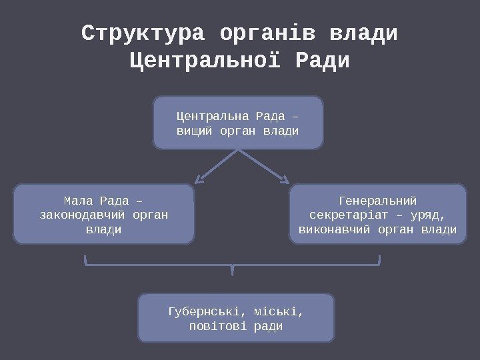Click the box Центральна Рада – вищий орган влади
point(238,123)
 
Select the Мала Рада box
point(104,214)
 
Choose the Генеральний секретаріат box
point(378,214)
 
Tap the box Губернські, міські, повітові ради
point(236,318)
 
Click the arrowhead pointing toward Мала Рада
point(199,179)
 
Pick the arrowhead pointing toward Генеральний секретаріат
point(285,179)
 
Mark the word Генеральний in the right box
point(378,200)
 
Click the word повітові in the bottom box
point(217,327)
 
